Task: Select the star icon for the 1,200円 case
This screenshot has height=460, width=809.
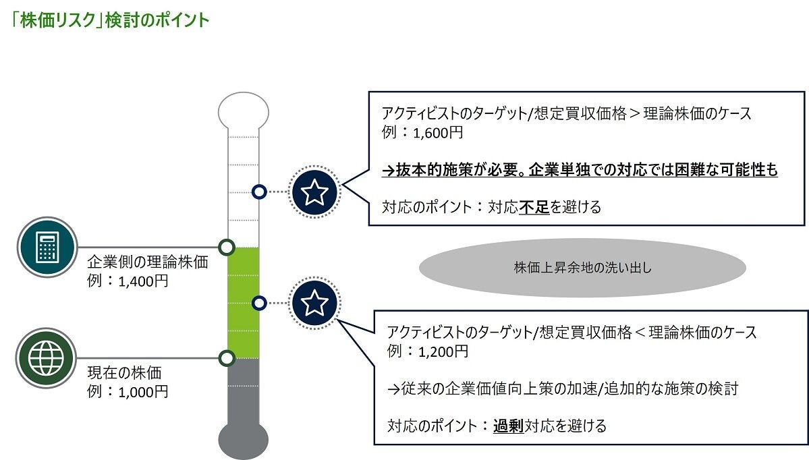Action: (x=314, y=304)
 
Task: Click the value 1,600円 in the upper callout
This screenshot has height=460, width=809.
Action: (x=441, y=132)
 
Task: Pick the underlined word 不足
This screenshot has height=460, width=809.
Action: (x=534, y=207)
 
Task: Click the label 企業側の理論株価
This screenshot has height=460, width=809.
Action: (x=148, y=262)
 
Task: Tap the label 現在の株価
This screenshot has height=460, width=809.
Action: (x=125, y=372)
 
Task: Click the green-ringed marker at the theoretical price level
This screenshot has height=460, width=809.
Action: (x=227, y=248)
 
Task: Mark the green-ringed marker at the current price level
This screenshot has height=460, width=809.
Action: (x=227, y=357)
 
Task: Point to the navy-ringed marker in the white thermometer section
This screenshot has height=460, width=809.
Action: (x=258, y=192)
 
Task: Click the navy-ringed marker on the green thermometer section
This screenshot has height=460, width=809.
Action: (x=258, y=304)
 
